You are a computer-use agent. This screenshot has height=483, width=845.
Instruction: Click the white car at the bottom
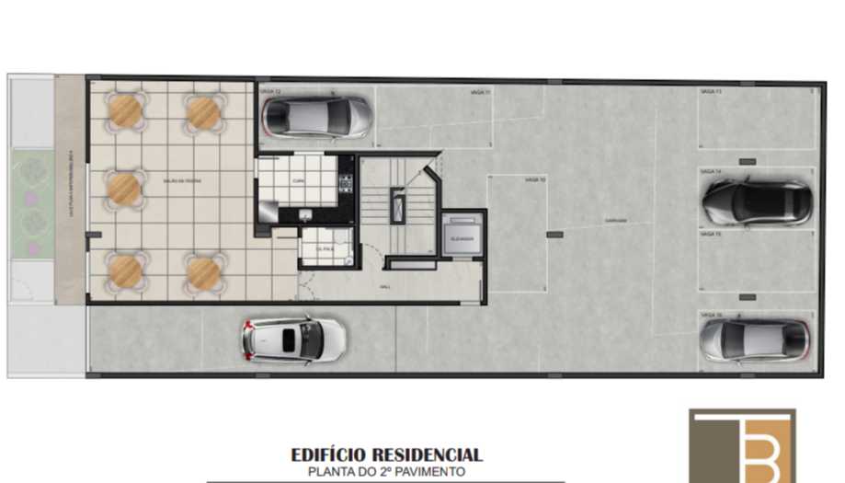[293, 339]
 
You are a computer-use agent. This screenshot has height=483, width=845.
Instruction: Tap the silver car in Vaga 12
[316, 116]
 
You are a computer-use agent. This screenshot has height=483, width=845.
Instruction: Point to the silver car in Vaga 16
[753, 339]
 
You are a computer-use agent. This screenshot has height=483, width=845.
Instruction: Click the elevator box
[461, 237]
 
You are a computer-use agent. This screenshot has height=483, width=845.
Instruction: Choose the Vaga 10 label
[535, 180]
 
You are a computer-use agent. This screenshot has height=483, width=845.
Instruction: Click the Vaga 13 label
[711, 93]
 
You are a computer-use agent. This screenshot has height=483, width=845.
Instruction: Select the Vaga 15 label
[711, 235]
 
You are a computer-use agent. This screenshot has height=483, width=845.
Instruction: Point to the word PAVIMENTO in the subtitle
[432, 471]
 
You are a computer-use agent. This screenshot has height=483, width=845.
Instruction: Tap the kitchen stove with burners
[346, 182]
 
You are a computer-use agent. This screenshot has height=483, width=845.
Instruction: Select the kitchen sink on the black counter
[304, 214]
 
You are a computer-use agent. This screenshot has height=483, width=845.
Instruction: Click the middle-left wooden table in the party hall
[124, 189]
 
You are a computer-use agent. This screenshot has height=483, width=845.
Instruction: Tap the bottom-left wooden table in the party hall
[124, 270]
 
